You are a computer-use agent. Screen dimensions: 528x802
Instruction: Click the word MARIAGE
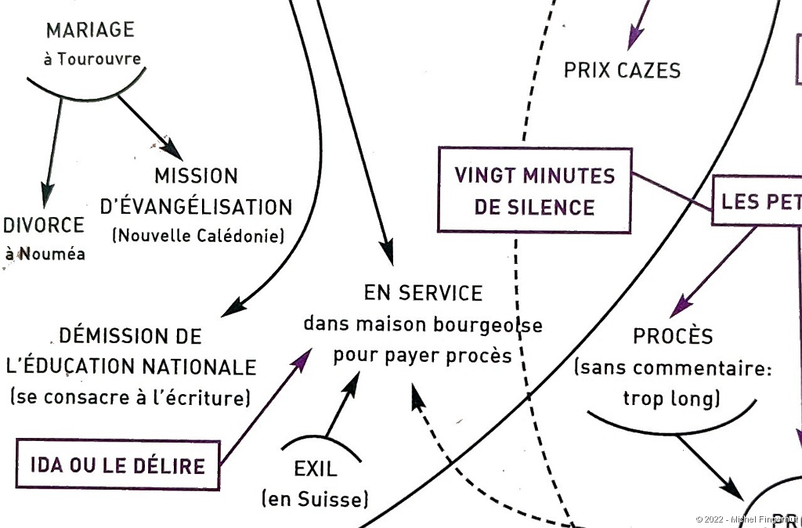tap(90, 31)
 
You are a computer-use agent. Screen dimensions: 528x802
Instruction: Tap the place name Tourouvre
tap(99, 58)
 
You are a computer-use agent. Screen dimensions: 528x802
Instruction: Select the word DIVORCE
tap(44, 226)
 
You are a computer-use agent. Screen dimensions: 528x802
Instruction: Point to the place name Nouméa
tap(52, 253)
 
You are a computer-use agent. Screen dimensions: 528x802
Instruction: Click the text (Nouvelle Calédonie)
tap(198, 235)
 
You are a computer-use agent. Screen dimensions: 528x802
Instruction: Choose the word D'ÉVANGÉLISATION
tap(197, 208)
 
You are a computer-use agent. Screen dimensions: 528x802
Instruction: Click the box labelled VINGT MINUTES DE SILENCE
tap(534, 190)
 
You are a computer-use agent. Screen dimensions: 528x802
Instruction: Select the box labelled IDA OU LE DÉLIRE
tap(117, 465)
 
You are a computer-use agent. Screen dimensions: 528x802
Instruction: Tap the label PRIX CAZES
tap(622, 71)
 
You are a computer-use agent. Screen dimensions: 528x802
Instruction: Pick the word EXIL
tap(316, 470)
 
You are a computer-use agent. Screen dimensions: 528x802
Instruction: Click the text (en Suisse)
tap(314, 498)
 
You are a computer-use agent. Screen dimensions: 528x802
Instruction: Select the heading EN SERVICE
tap(423, 293)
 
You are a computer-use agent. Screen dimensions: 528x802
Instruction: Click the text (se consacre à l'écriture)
tap(130, 398)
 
